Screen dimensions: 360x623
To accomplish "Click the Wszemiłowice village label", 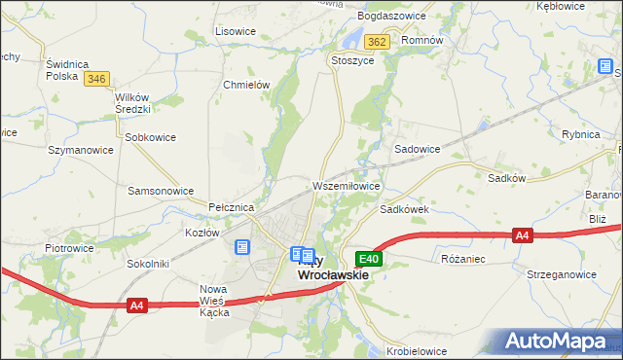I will [346, 185].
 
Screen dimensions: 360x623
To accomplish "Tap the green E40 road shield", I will [369, 259].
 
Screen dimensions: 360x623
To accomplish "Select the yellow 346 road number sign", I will [95, 79].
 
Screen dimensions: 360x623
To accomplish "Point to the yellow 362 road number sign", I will [378, 42].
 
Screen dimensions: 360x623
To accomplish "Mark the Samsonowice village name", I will [161, 191].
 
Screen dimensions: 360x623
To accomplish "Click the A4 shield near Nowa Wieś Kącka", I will [137, 306].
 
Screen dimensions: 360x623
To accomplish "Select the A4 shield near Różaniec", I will [523, 235].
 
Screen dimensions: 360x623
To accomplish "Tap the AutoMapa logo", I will [558, 341].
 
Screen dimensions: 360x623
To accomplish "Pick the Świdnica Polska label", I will [68, 69].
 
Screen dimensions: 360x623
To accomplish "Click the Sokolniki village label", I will [148, 264].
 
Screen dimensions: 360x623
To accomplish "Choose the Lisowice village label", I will [236, 31].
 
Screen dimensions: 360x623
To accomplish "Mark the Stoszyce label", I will [352, 59].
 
